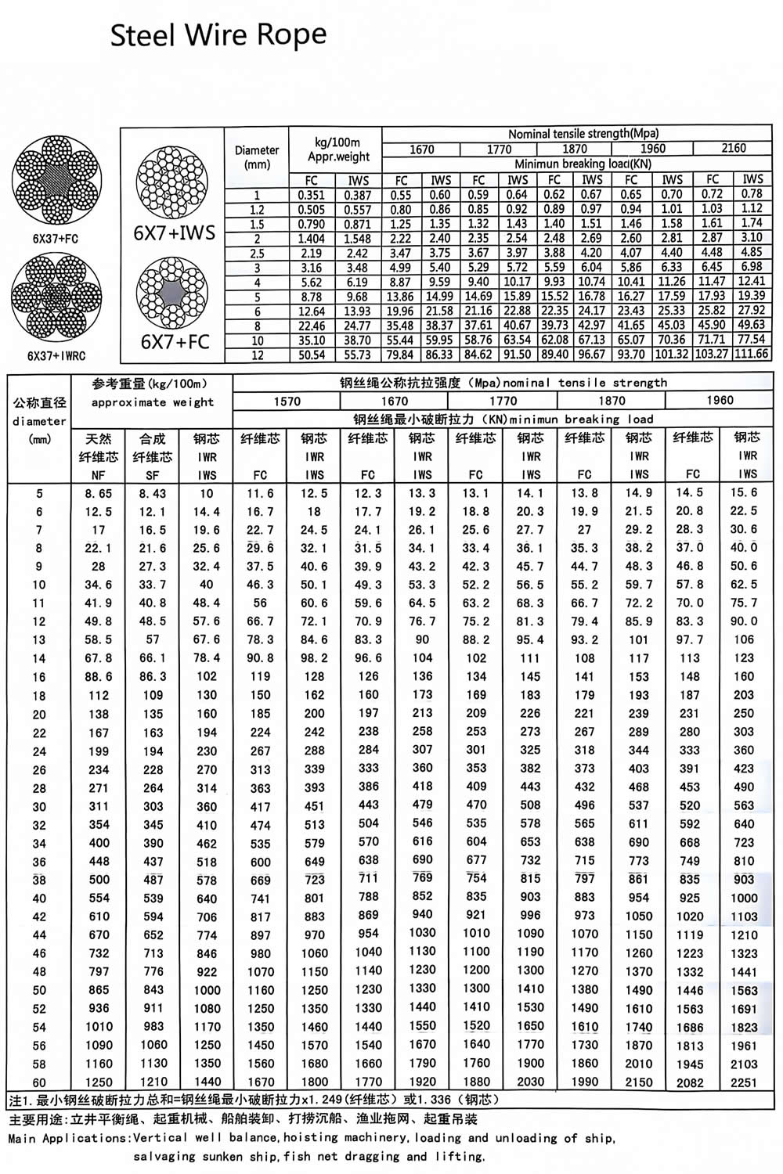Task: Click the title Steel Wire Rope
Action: point(218,35)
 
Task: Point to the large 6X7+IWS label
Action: point(179,232)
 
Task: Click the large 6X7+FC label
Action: point(176,341)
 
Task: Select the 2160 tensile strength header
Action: point(733,148)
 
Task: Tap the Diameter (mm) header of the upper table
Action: point(257,157)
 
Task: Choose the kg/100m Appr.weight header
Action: point(337,149)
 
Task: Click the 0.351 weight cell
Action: point(312,195)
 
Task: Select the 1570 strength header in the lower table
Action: point(287,401)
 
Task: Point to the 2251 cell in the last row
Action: point(743,1082)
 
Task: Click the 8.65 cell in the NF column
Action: point(99,494)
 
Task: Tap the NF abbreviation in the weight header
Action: point(99,475)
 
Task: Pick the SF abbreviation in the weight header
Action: point(153,475)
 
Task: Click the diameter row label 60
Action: point(39,1082)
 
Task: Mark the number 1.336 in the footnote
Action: point(428,1100)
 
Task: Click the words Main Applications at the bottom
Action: point(69,1138)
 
